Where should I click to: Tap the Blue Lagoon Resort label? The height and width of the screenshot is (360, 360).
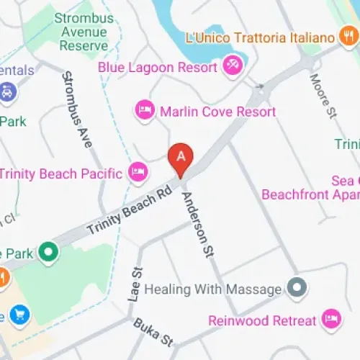pos(158,68)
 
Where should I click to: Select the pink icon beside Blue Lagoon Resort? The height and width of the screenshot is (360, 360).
pos(233,66)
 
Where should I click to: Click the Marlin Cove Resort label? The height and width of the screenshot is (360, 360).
pos(218,112)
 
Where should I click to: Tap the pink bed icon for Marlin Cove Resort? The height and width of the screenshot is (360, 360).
pos(145,111)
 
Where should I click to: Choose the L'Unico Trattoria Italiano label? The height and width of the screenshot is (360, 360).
pos(260,37)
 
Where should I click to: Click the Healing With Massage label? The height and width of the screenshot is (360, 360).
pos(212,289)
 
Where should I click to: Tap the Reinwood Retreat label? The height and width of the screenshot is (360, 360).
pos(262,320)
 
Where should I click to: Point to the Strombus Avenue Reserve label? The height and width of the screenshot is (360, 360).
pos(84,32)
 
